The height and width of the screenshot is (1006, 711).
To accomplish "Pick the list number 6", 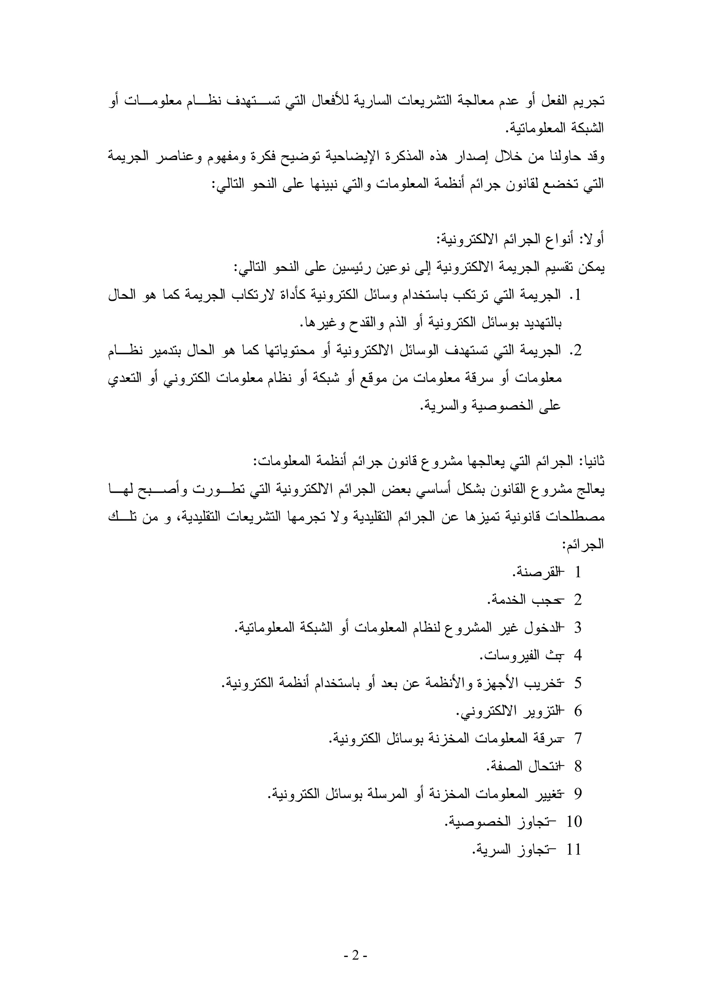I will click(578, 711).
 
